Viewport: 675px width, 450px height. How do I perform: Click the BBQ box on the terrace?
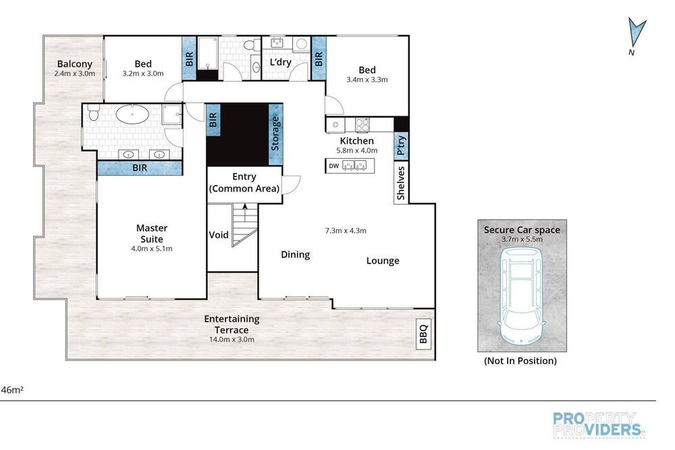coord(424,334)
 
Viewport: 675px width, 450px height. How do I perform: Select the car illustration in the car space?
coord(521,296)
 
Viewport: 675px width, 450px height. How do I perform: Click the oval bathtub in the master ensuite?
coord(132,115)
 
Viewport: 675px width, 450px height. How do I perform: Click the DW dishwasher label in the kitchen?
coord(333,166)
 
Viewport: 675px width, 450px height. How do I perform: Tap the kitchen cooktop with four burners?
coord(362,124)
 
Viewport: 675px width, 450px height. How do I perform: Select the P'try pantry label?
coord(401,145)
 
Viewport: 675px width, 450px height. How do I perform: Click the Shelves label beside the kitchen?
coord(401,182)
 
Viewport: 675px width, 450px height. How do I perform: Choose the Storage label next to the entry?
coord(275,134)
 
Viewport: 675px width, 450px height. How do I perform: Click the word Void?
coord(219,235)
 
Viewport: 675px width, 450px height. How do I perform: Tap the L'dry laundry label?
coord(281,62)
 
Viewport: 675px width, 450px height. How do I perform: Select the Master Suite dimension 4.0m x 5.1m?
coord(151,249)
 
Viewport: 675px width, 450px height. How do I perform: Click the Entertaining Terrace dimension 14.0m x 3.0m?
coord(232,340)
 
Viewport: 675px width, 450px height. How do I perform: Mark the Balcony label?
coord(75,64)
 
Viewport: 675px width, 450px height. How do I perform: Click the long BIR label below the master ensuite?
coord(140,168)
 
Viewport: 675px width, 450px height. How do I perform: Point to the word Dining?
coord(296,255)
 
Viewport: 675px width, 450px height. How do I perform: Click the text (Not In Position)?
coord(520,361)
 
